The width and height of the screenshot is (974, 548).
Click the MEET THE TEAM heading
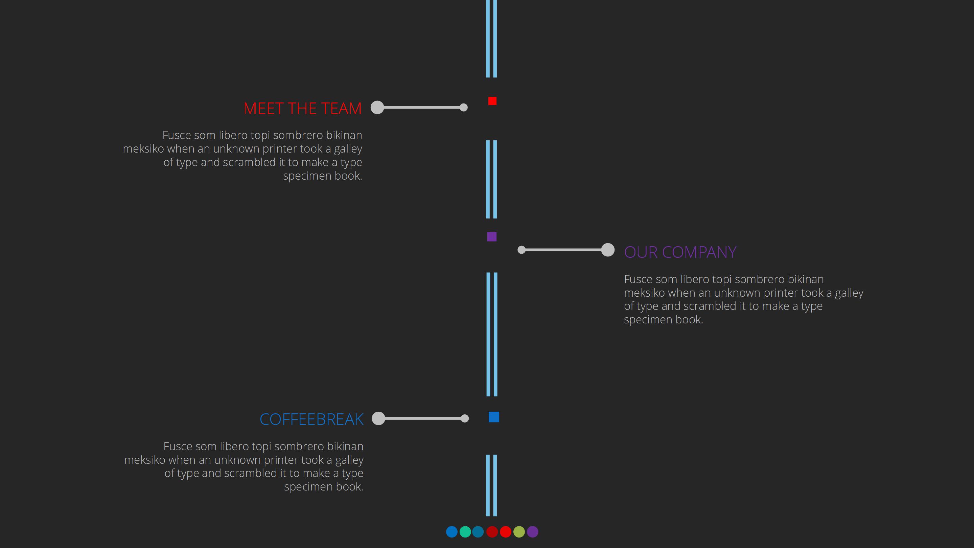pos(302,109)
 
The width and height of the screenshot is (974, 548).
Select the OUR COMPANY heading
pos(680,252)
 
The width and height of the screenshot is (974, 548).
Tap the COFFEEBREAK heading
pos(311,419)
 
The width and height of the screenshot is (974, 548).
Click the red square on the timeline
pos(492,101)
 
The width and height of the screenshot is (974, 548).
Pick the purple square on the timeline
pos(491,237)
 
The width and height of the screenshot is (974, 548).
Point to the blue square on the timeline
pos(494,417)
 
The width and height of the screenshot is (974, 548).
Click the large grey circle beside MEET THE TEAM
pos(377,108)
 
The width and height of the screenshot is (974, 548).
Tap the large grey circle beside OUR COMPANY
pos(608,250)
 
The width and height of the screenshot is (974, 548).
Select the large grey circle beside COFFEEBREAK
pos(378,418)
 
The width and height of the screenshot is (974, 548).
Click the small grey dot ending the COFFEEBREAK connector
pos(465,418)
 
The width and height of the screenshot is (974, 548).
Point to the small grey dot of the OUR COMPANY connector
pos(521,250)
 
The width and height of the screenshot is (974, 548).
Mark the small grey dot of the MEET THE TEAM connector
pos(464,108)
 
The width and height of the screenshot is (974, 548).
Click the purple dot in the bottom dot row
pos(532,532)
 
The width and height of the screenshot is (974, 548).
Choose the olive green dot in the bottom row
pos(519,532)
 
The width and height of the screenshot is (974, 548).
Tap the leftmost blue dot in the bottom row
pos(451,532)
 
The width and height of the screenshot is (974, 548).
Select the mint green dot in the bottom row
pos(465,532)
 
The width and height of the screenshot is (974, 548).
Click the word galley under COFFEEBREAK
pos(349,460)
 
